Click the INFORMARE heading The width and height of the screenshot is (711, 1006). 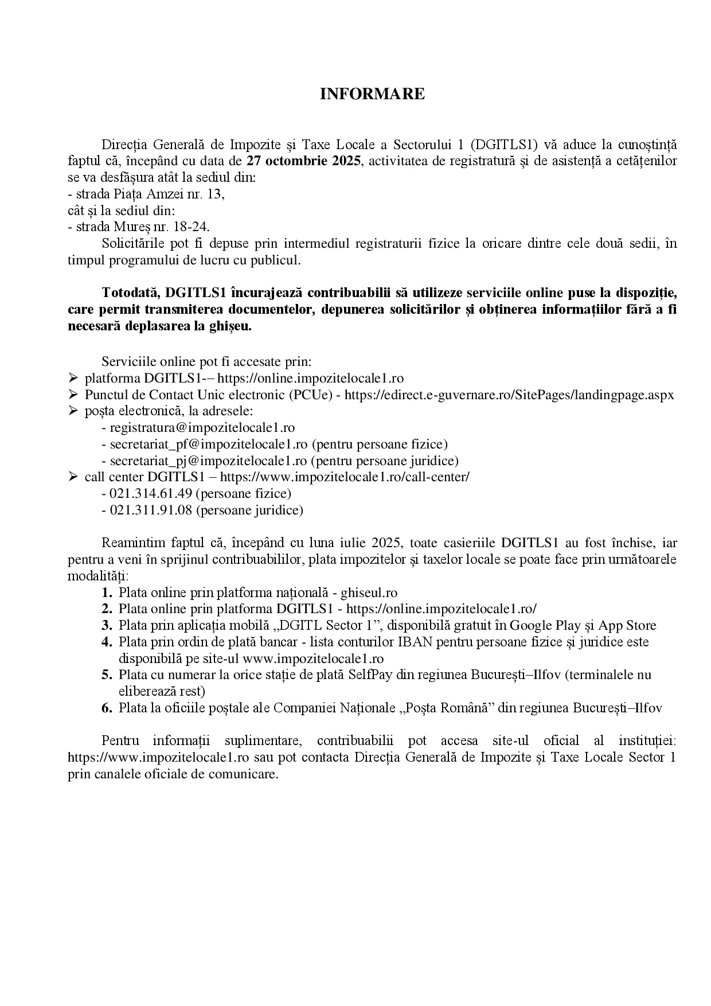(372, 95)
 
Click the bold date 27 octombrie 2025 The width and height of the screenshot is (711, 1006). (304, 161)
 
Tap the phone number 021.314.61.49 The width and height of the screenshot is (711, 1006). (151, 494)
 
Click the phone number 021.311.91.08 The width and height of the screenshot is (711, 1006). (151, 510)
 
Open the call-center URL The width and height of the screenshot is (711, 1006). (345, 477)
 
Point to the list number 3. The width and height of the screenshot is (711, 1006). (107, 625)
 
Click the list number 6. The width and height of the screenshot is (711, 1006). (107, 708)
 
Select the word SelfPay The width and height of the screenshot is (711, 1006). (370, 675)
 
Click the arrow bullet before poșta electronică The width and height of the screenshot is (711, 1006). (73, 411)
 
